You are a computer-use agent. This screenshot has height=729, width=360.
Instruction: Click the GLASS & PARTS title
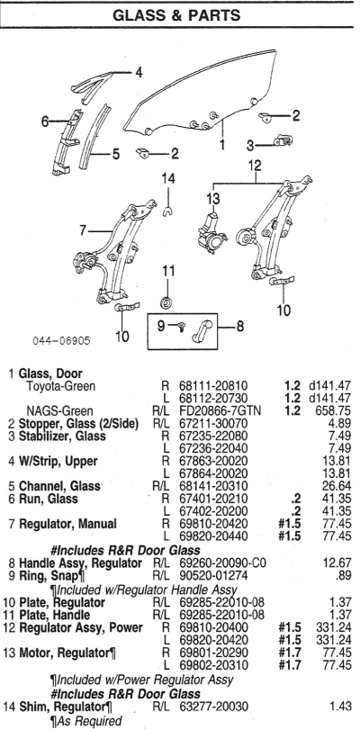pyautogui.click(x=176, y=15)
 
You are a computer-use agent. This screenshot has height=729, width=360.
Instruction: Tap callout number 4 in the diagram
pyautogui.click(x=139, y=72)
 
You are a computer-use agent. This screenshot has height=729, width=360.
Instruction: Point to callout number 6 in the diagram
pyautogui.click(x=45, y=121)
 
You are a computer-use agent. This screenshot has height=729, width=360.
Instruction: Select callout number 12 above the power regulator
pyautogui.click(x=255, y=166)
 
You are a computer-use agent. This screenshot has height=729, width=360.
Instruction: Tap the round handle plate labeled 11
pyautogui.click(x=166, y=302)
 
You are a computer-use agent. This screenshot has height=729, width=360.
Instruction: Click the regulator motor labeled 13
pyautogui.click(x=212, y=232)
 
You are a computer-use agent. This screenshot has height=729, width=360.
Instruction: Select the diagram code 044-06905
pyautogui.click(x=61, y=341)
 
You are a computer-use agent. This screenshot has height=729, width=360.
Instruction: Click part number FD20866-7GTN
pyautogui.click(x=220, y=411)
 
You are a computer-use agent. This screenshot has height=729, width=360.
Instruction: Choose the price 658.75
pyautogui.click(x=335, y=411)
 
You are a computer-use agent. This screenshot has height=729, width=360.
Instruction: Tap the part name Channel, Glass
pyautogui.click(x=59, y=486)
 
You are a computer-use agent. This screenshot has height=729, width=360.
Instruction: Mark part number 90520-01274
pyautogui.click(x=214, y=576)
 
